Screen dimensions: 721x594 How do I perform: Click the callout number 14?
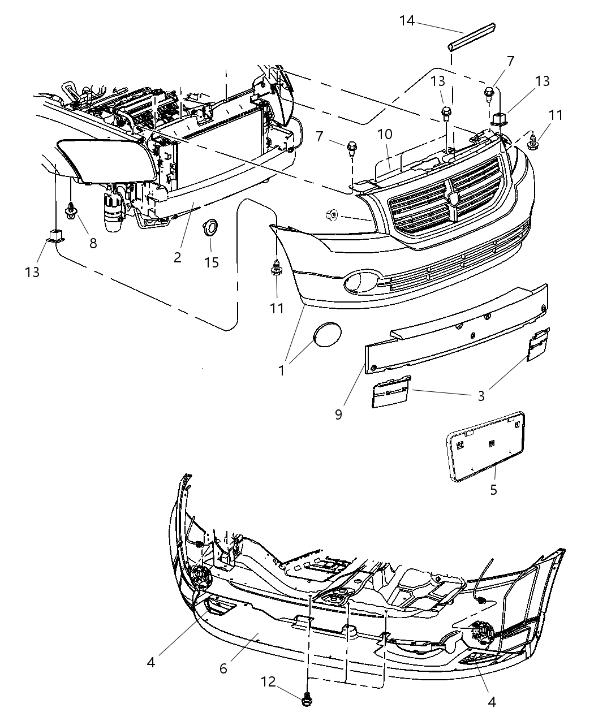tap(407, 21)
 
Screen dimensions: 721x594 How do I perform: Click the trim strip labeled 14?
tap(472, 36)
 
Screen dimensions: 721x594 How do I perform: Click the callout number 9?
tap(338, 415)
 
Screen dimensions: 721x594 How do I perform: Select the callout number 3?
tap(481, 395)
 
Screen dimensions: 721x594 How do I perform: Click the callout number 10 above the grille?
tap(400, 135)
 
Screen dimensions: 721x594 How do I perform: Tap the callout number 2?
tap(178, 257)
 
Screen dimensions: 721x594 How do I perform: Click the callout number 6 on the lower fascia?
tap(223, 668)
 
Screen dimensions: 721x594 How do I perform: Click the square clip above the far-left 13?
tap(54, 235)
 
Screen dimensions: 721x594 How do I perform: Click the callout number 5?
tap(493, 489)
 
